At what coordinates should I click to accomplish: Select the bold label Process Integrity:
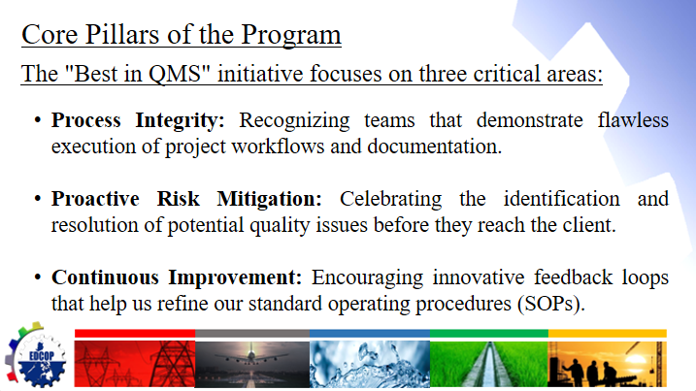(x=138, y=120)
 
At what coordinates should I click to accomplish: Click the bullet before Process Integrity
(x=37, y=120)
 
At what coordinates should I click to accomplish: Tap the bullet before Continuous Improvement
(x=37, y=277)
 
